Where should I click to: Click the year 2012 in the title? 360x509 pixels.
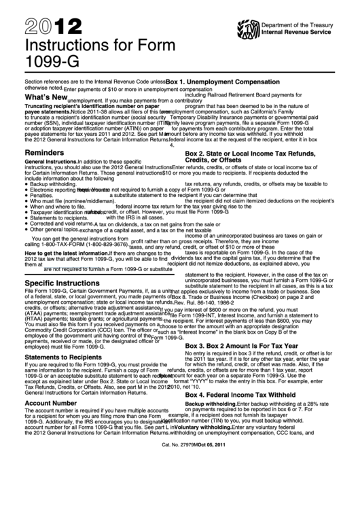pos(43,27)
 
